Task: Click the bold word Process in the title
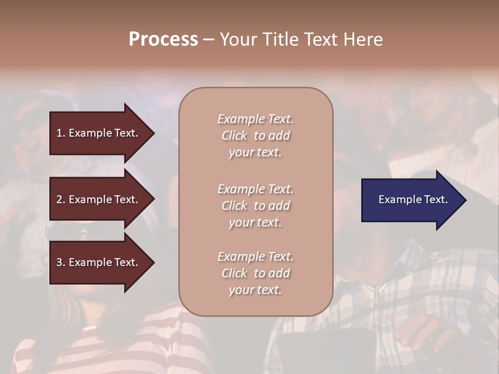tap(163, 39)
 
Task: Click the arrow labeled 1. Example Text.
tap(99, 133)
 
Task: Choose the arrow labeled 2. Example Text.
tap(99, 199)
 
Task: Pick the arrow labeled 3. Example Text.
tap(99, 262)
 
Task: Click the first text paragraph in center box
tap(255, 136)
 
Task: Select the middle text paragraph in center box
tap(255, 206)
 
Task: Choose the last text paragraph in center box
tap(255, 273)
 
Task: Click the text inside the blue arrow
tap(413, 199)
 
